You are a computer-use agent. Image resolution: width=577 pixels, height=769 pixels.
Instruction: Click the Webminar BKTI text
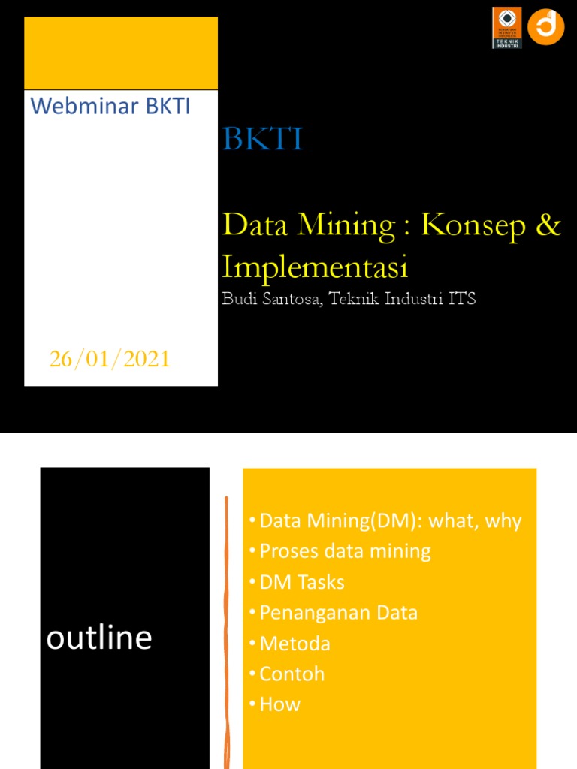tap(110, 107)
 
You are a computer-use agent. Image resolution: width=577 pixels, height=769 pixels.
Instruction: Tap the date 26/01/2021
tap(110, 360)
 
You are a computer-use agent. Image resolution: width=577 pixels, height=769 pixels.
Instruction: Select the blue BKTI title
tap(262, 140)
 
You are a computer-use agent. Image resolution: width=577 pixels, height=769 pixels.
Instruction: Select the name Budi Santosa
tap(274, 299)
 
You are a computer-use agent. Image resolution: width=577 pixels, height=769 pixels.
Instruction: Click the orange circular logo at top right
tap(545, 27)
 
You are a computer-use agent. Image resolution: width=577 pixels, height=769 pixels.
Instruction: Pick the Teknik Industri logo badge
tap(506, 28)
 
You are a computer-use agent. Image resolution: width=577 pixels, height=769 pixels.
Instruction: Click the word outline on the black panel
tap(99, 638)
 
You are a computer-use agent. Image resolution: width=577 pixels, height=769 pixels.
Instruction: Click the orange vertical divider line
tap(226, 631)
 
